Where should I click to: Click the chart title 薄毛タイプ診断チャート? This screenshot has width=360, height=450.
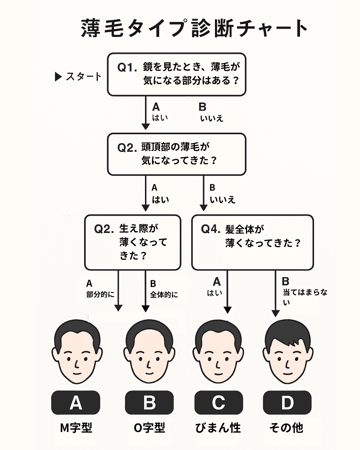pos(194,28)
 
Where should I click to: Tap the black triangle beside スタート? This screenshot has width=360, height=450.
pos(58,77)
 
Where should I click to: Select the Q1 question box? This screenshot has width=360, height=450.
pos(177,74)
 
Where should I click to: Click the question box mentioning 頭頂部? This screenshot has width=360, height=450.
pos(177,154)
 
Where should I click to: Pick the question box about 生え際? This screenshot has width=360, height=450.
pos(133,242)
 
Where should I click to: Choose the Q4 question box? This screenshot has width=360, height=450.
pos(252,242)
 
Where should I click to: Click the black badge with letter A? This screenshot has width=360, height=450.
pos(76,403)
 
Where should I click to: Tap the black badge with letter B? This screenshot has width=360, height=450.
pos(149,403)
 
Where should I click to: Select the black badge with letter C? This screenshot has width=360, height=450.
pos(218,403)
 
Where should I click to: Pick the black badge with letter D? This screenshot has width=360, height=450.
pos(287,403)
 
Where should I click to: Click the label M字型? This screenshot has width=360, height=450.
pos(76,428)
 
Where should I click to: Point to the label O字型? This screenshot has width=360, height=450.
pos(149,428)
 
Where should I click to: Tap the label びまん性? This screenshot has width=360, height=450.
pos(218,428)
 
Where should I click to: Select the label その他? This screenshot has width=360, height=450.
pos(286,428)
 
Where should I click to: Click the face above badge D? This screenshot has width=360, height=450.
pos(288,353)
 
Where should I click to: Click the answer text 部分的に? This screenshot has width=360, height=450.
pos(100,294)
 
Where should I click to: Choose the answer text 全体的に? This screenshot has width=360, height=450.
pos(164,295)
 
